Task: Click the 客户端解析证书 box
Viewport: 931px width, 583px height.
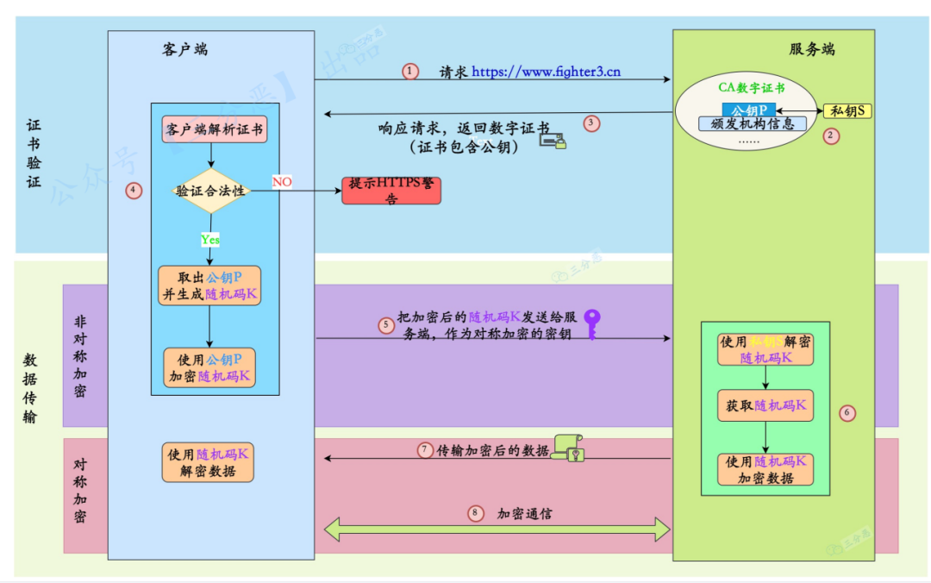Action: (214, 130)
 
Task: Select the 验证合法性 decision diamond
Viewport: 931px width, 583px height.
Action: (211, 191)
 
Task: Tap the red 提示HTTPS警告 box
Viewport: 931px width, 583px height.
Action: (391, 191)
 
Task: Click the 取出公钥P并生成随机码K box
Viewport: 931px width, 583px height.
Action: (209, 285)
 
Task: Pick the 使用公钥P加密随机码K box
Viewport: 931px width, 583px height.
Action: (209, 367)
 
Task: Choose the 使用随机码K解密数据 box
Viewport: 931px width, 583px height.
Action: (208, 462)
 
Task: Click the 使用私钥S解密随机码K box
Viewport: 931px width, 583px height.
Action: (765, 349)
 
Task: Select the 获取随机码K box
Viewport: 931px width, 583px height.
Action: (765, 405)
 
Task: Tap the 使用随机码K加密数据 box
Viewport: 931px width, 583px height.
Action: (765, 468)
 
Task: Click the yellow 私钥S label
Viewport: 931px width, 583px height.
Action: (847, 110)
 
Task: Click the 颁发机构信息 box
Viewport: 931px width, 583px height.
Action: (752, 123)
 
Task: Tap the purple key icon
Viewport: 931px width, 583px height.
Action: (591, 324)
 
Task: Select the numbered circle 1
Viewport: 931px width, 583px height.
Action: (410, 72)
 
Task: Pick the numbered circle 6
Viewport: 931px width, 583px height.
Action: (847, 413)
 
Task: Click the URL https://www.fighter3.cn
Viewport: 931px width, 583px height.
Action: (546, 72)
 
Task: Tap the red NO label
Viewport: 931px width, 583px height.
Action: (282, 182)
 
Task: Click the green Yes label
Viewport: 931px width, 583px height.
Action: (209, 239)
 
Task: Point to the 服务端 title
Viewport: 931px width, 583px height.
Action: (812, 49)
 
